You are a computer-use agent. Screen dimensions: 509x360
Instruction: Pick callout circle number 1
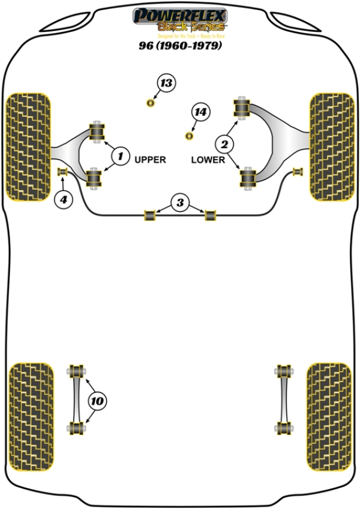pos(120,157)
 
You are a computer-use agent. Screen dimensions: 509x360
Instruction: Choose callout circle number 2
pos(225,143)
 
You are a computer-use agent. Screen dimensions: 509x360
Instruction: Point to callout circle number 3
pos(179,203)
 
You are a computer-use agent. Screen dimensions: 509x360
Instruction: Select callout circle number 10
pos(98,400)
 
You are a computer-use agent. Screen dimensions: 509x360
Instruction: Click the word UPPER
pos(150,160)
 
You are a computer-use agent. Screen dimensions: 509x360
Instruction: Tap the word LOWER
pos(208,160)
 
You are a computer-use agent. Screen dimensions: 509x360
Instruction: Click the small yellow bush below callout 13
pos(151,104)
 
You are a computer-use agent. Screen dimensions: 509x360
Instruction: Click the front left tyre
pos(27,146)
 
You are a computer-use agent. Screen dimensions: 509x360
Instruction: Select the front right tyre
pos(331,146)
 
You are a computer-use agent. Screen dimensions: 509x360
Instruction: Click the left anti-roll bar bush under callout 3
pos(149,214)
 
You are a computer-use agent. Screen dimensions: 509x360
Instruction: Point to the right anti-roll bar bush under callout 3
pos(210,214)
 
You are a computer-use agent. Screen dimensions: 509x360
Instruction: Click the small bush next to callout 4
pos(61,173)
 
